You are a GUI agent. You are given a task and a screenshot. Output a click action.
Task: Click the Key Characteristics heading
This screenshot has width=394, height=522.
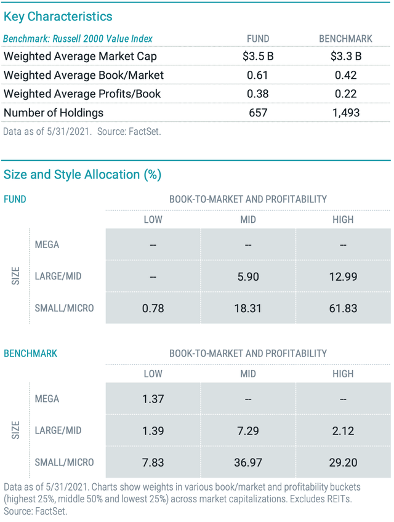58,17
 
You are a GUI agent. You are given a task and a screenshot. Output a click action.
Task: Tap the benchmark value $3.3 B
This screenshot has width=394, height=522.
345,57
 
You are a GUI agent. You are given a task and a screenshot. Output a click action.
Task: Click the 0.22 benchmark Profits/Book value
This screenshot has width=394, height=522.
345,94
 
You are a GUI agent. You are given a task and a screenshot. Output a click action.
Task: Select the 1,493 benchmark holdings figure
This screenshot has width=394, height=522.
345,113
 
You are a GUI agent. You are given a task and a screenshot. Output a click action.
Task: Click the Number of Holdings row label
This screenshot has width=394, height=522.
54,113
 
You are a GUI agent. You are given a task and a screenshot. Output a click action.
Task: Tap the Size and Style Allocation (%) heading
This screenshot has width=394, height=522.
82,174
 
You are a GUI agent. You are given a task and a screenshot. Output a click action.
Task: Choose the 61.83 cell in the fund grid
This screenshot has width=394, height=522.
342,308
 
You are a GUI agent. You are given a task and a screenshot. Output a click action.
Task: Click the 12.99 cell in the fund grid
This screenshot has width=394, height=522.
342,276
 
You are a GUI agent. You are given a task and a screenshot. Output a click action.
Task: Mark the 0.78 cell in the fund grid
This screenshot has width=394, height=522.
153,308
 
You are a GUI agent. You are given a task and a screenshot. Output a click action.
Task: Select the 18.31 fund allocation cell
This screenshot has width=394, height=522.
247,308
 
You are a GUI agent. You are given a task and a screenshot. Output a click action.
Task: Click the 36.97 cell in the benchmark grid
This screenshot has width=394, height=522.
247,462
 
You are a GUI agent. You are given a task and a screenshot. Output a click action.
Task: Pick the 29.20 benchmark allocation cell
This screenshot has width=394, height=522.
342,462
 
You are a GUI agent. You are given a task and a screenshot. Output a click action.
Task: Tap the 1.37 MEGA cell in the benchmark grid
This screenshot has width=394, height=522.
153,399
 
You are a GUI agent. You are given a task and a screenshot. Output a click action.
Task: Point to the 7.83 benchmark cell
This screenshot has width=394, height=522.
153,462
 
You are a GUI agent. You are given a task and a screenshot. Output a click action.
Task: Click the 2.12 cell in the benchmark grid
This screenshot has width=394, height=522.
342,430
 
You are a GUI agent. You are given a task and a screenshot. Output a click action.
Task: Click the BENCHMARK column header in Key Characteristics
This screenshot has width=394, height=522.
345,39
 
